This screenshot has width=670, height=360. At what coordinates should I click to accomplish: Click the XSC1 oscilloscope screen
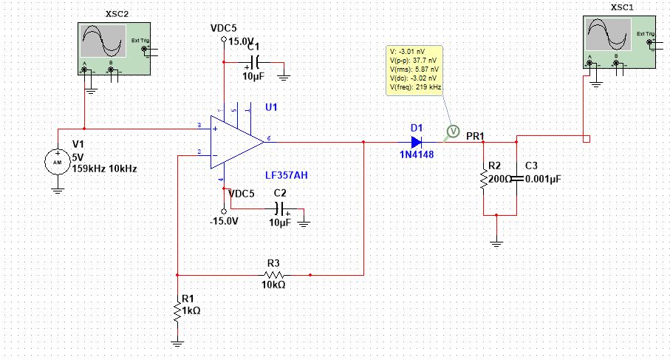pos(608,35)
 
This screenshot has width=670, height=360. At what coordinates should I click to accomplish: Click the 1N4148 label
pos(417,156)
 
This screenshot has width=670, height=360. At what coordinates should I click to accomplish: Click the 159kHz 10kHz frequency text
pos(103,169)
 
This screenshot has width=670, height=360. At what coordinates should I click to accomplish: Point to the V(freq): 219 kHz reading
pos(414,87)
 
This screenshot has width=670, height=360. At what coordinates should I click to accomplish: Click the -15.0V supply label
pos(223,220)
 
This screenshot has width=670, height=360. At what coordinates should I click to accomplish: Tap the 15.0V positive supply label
pos(242,41)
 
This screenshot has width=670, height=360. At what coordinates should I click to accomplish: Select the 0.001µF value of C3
pos(544,178)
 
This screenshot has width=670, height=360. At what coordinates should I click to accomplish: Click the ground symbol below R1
pos(177,342)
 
